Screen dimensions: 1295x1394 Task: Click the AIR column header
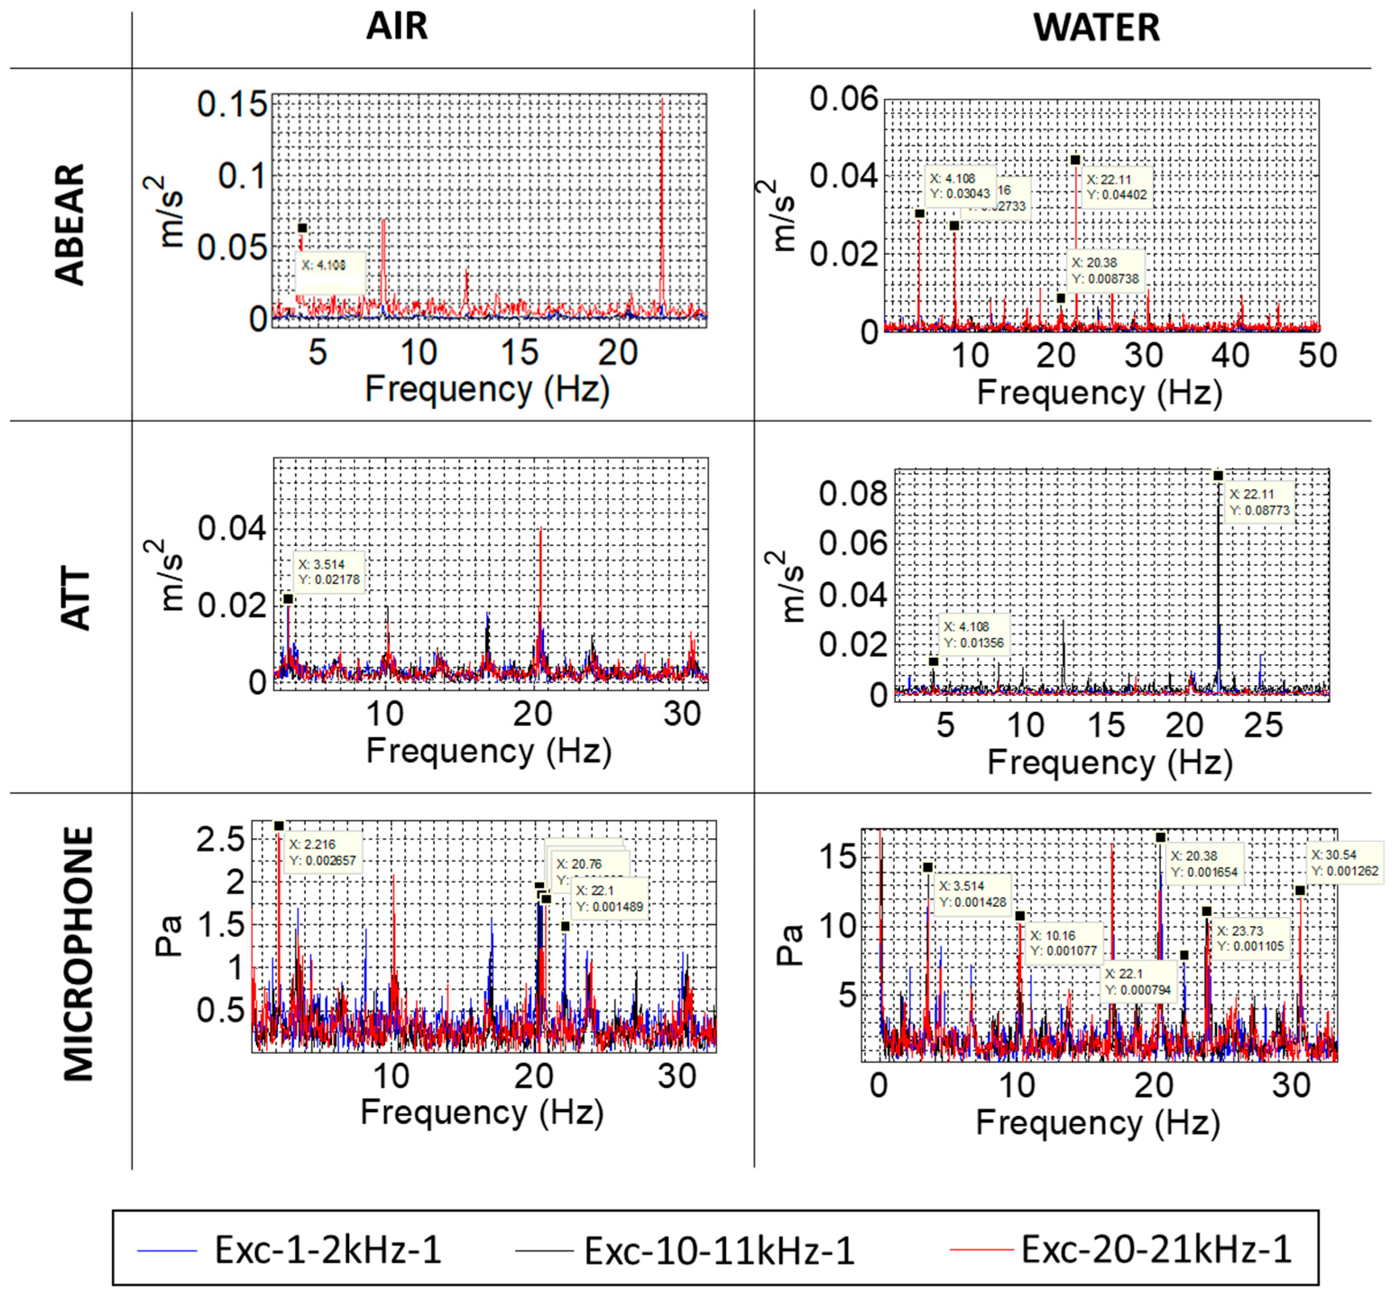[x=396, y=27]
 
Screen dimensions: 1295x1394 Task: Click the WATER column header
[x=1096, y=28]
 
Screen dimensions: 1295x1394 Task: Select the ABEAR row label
[x=70, y=224]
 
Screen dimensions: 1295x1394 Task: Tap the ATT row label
[x=76, y=600]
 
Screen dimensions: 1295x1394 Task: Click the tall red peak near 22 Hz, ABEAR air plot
[x=662, y=210]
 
